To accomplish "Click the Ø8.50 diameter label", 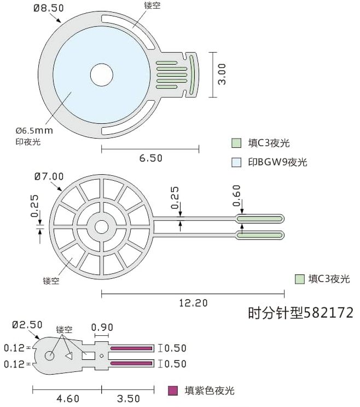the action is (x=49, y=8).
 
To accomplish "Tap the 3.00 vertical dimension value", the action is (x=222, y=74).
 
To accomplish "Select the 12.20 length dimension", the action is (x=193, y=303).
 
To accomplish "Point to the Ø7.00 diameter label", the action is (x=49, y=176).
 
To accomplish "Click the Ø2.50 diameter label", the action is (x=27, y=325).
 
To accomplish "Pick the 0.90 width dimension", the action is (x=102, y=328).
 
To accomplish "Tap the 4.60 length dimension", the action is (x=68, y=398).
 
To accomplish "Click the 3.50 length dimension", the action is (x=128, y=398).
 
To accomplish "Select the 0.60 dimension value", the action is (x=237, y=196).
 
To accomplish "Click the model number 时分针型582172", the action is (x=301, y=313).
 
